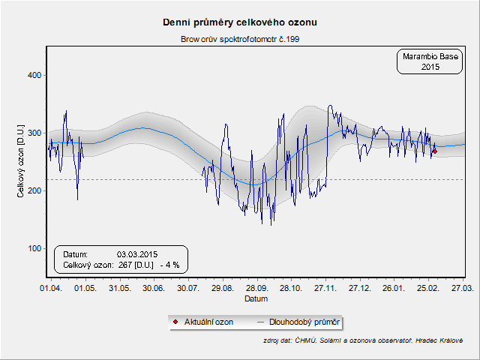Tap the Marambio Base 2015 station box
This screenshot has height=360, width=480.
(418, 61)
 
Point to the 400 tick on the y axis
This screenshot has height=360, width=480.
(34, 75)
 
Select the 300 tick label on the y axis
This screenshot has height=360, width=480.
(34, 133)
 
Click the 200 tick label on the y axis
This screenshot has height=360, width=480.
(34, 190)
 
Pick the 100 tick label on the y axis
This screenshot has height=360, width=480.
(34, 248)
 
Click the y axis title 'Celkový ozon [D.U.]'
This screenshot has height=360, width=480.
(21, 161)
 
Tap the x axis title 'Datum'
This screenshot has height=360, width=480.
(256, 298)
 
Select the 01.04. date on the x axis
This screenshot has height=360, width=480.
(51, 288)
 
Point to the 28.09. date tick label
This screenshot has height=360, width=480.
(256, 288)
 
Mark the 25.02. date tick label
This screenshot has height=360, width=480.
(428, 288)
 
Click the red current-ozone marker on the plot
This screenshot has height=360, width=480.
(434, 151)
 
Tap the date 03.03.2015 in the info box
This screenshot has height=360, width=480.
(137, 253)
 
